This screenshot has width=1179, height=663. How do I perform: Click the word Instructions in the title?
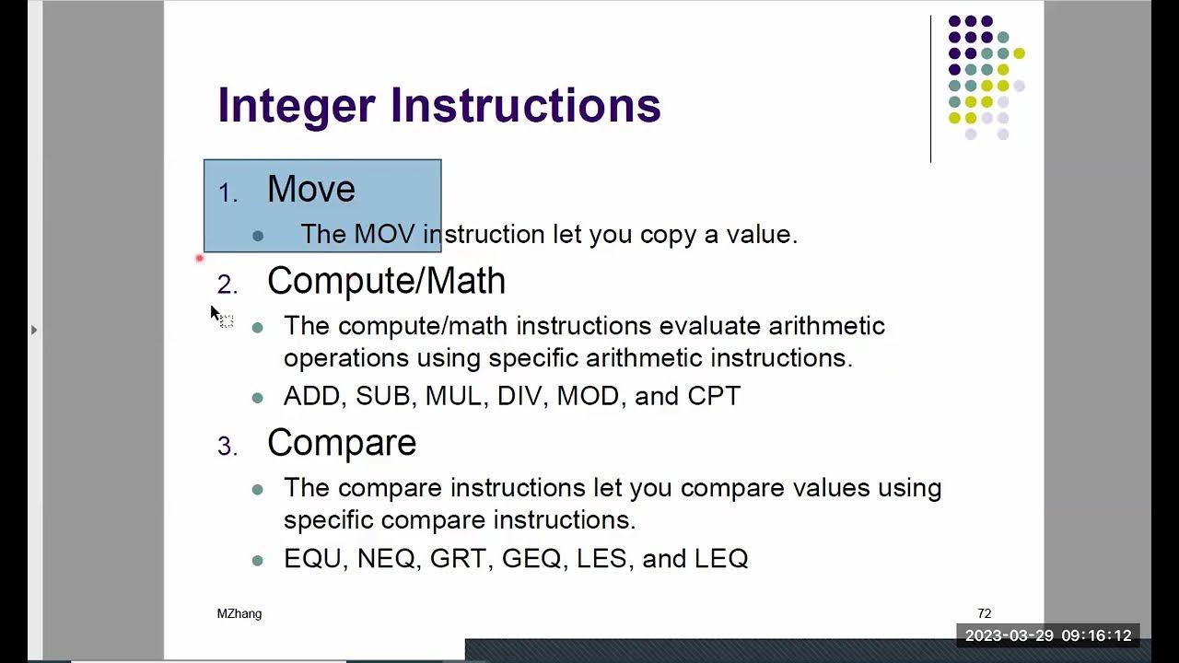point(526,106)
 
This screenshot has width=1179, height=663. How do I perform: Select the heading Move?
point(311,190)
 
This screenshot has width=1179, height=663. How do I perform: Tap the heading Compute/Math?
point(386,281)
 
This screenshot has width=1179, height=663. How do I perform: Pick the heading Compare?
point(342,443)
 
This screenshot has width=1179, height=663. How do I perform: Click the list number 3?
point(227,447)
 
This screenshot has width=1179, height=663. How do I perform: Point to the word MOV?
point(384,234)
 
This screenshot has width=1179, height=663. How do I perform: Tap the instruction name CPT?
point(714,396)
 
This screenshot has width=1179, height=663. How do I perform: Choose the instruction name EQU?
point(312,558)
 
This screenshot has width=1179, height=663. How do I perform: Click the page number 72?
point(984,613)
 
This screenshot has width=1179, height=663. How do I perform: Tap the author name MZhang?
point(239,613)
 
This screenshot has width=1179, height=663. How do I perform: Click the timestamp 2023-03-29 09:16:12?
point(1048,635)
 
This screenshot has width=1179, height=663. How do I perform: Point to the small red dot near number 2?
point(199,259)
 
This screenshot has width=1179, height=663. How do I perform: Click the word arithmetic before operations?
point(826,326)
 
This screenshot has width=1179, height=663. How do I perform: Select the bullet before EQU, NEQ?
point(258,560)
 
